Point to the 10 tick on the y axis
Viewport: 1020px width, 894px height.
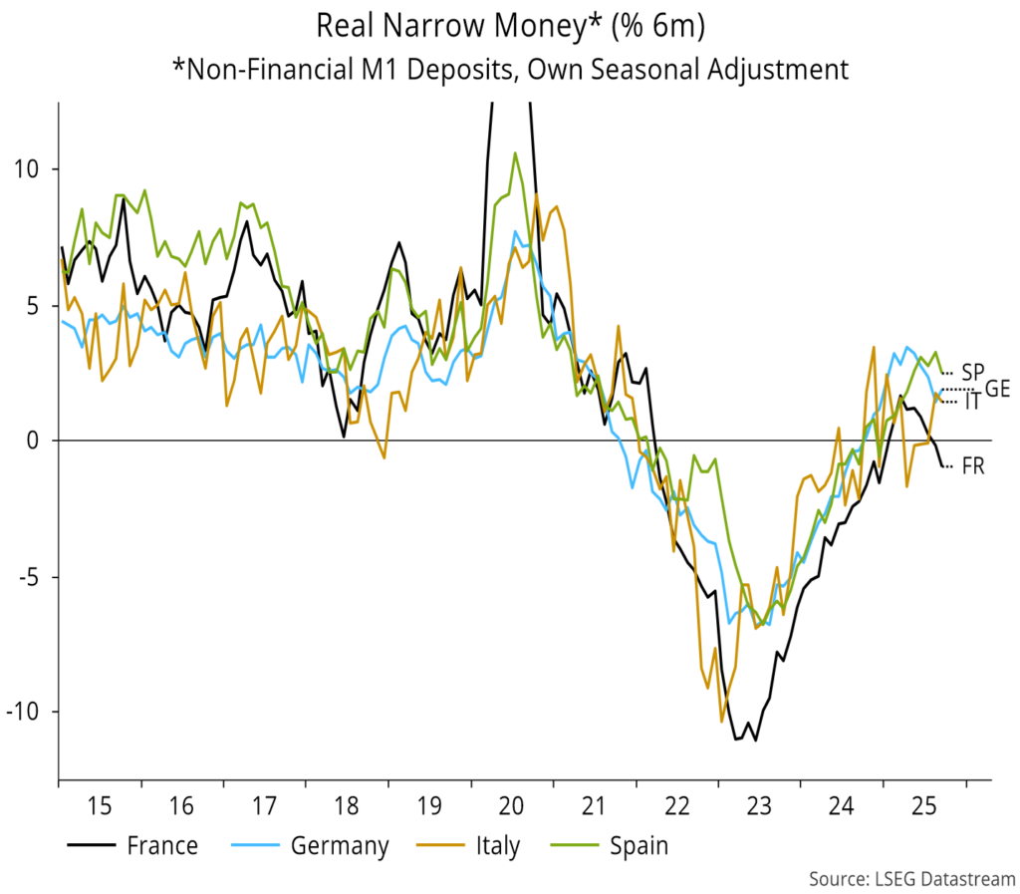[x=31, y=168]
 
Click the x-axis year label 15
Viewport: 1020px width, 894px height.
[x=99, y=802]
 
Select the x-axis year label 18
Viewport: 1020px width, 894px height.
[x=346, y=802]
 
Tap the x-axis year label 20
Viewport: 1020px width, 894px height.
[x=510, y=802]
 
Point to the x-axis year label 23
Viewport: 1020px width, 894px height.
[x=757, y=802]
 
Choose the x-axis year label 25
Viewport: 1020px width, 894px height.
[x=921, y=802]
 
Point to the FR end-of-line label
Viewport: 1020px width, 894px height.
[x=973, y=465]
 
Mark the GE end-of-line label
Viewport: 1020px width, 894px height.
[x=997, y=389]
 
